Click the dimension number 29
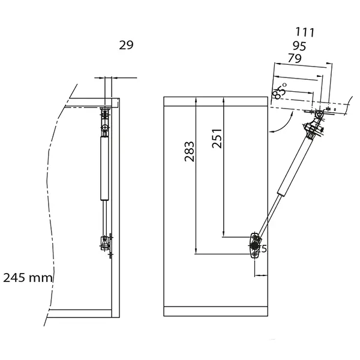[x=126, y=45]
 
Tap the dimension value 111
[x=305, y=32]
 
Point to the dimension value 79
[x=294, y=58]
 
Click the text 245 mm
[x=28, y=278]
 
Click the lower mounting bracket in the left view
[x=106, y=243]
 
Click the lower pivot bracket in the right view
[x=255, y=245]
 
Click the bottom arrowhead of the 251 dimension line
[x=223, y=233]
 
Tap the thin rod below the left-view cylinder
[x=106, y=216]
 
